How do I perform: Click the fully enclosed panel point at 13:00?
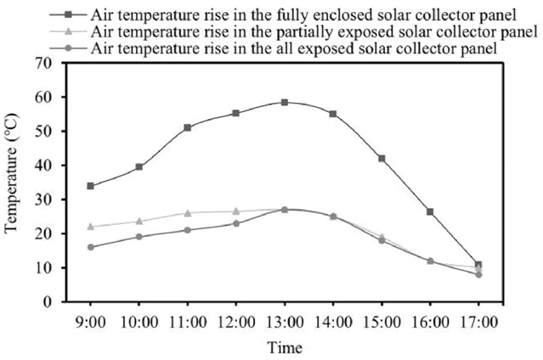tap(285, 102)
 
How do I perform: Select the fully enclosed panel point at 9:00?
tap(91, 186)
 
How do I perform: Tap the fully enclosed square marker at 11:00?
tap(188, 127)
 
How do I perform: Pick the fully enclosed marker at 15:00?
tap(382, 159)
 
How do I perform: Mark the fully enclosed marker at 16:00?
tap(430, 211)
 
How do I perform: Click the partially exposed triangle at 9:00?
tap(91, 227)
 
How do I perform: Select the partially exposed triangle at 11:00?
tap(188, 213)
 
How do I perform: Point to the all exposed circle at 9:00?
tap(91, 247)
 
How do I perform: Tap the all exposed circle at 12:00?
tap(236, 223)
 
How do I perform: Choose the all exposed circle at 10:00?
tap(139, 237)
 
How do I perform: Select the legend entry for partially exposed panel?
tap(314, 32)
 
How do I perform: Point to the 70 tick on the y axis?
tap(55, 63)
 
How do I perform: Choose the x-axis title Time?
tap(285, 347)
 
